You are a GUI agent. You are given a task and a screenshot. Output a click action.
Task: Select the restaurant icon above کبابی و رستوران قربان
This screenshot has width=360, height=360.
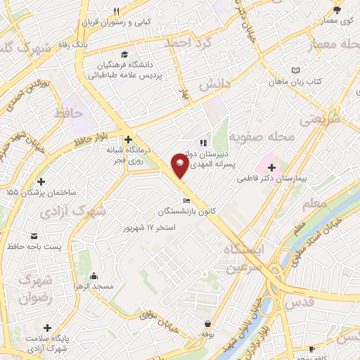pos(117,11)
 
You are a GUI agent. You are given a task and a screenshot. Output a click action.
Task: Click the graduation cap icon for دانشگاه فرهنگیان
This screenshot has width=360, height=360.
pos(124,55)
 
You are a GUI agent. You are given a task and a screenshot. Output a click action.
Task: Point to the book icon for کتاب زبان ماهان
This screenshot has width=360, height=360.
pos(295,70)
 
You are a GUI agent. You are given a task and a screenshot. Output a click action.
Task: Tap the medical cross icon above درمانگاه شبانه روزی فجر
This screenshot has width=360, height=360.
pos(128,139)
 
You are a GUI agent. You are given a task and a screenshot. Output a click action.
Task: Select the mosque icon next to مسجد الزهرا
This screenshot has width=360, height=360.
pos(94,276)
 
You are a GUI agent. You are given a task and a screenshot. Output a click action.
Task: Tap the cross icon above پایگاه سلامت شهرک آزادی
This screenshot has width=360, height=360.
pos(47,328)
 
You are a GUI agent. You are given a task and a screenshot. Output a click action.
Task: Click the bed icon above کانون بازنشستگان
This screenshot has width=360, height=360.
pos(186,200)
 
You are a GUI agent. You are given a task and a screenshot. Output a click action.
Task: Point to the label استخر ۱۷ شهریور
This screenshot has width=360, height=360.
pos(148,228)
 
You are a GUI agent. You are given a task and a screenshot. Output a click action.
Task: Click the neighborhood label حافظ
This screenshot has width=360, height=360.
pos(72,112)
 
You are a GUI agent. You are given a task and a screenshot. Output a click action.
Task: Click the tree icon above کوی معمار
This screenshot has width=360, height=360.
pos(337,9)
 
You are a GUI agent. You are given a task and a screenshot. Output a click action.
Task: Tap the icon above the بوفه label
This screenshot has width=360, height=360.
pos(207,324)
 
